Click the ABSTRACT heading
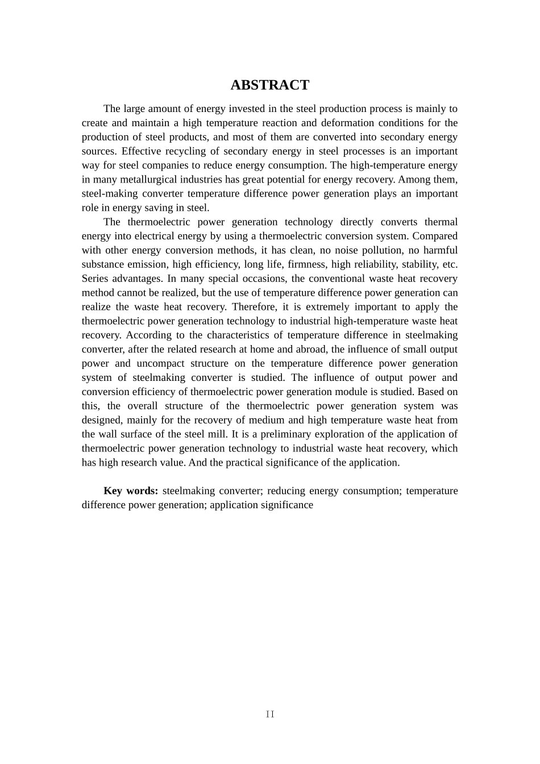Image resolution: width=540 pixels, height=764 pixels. pyautogui.click(x=269, y=85)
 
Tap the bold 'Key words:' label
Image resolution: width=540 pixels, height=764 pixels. pyautogui.click(x=131, y=491)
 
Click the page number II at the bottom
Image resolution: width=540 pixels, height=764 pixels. pyautogui.click(x=270, y=715)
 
